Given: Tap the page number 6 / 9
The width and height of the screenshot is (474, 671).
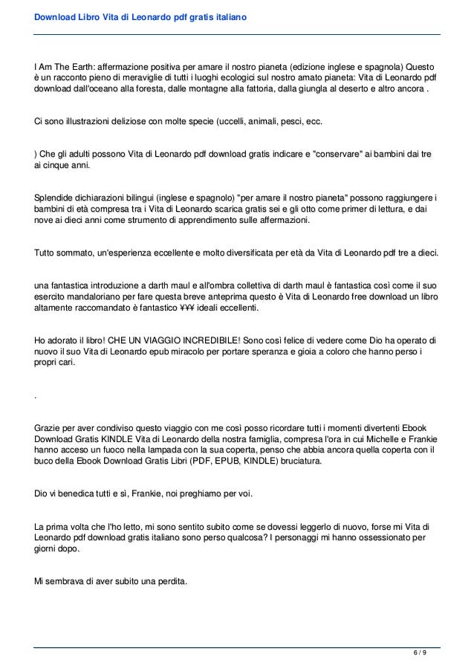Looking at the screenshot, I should coord(421,653).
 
